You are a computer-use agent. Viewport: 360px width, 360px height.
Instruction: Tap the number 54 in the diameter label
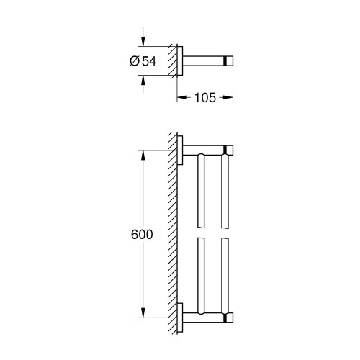click(149, 61)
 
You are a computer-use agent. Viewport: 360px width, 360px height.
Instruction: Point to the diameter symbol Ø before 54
click(135, 61)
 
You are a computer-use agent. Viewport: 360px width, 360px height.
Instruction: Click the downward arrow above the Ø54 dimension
click(145, 40)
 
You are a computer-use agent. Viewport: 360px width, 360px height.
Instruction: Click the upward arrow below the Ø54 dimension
click(145, 82)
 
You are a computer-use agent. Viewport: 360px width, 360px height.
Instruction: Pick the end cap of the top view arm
click(228, 61)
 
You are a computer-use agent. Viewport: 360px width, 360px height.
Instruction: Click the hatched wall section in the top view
click(173, 61)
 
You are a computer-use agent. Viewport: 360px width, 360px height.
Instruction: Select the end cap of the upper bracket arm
click(228, 150)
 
